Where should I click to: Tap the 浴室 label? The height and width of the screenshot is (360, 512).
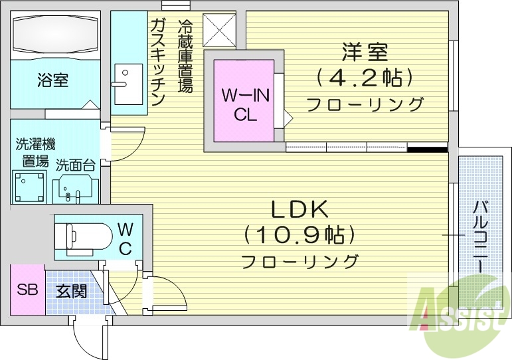52,80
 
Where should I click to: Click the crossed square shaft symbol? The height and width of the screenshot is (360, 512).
218,30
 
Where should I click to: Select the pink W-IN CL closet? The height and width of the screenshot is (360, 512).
245,100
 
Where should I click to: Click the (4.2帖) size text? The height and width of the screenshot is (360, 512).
365,78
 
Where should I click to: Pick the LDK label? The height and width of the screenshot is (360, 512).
299,210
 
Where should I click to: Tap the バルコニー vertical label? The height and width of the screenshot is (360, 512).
478,236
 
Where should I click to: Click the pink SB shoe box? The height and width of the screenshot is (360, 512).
27,290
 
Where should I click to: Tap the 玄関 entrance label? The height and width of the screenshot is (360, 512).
71,291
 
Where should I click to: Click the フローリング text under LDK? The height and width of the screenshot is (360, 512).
299,261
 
